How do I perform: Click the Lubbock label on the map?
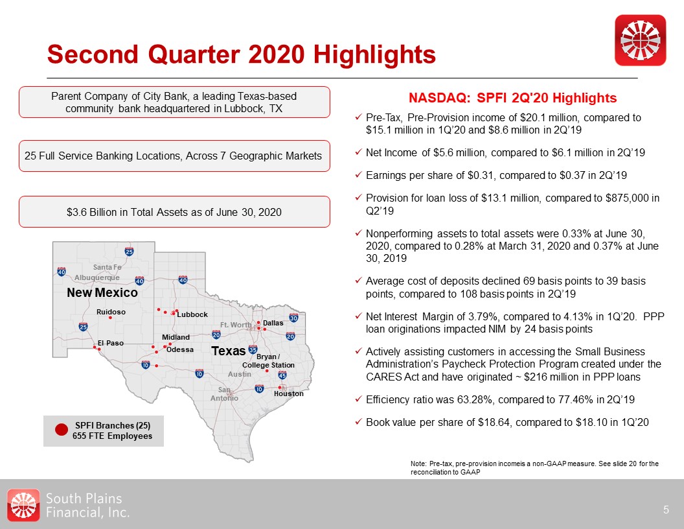tap(192, 314)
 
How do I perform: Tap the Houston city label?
tap(288, 394)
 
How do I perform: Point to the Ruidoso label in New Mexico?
tap(111, 312)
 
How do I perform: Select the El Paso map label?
tap(110, 343)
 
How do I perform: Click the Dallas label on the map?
tap(273, 323)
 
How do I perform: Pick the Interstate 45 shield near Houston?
tap(282, 375)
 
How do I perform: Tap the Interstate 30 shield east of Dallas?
tap(293, 318)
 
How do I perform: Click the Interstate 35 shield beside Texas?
tap(253, 349)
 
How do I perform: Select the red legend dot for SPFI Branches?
tap(62, 430)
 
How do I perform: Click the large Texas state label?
tap(229, 351)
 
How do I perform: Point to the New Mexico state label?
tap(102, 292)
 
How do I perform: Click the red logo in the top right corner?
tap(641, 40)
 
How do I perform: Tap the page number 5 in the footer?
tap(666, 510)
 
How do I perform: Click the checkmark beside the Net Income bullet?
tap(358, 152)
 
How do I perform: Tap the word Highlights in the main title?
tap(374, 54)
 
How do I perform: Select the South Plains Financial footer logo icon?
tap(23, 505)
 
